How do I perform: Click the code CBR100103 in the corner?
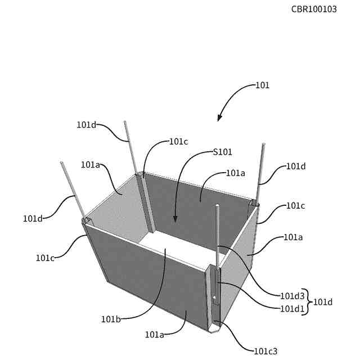tap(314, 9)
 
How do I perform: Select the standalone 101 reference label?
tap(262, 85)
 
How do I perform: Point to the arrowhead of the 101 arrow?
tap(219, 119)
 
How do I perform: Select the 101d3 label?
tap(292, 295)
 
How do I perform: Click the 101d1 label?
tap(292, 308)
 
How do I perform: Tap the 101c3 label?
tap(265, 351)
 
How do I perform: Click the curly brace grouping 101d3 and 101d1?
tap(307, 301)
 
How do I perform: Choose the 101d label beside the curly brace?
tap(323, 302)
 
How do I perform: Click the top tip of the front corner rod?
tap(217, 206)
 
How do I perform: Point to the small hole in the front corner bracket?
tap(214, 298)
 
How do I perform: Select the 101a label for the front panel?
tap(154, 335)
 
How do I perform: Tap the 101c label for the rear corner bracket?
tap(178, 142)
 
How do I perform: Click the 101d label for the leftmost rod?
tap(33, 218)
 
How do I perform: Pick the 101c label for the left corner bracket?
tap(45, 258)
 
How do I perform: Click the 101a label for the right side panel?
tap(292, 237)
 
